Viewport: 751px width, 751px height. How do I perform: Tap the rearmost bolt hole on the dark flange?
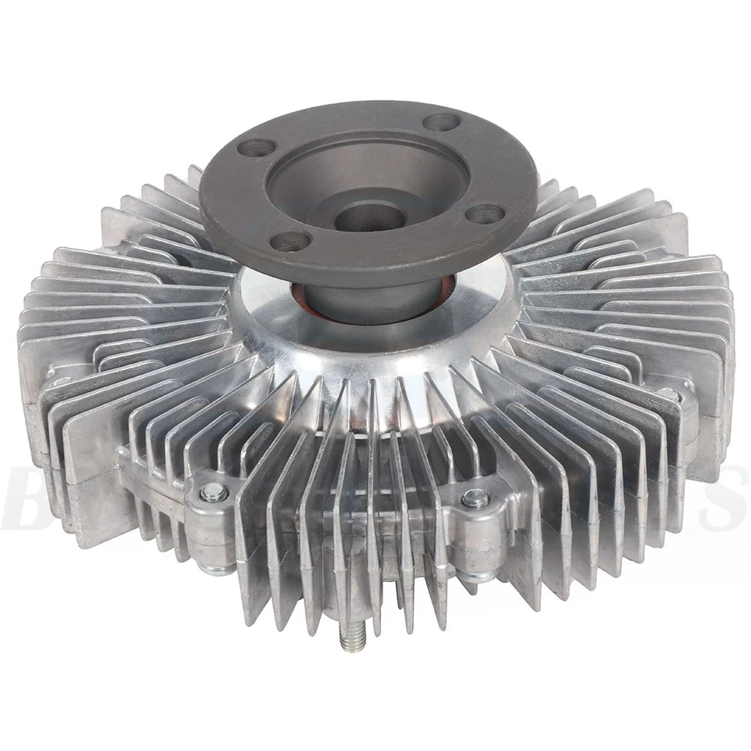click(443, 122)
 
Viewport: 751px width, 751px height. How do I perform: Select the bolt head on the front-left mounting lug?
click(213, 492)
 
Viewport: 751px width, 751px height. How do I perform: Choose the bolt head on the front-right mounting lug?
click(475, 498)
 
